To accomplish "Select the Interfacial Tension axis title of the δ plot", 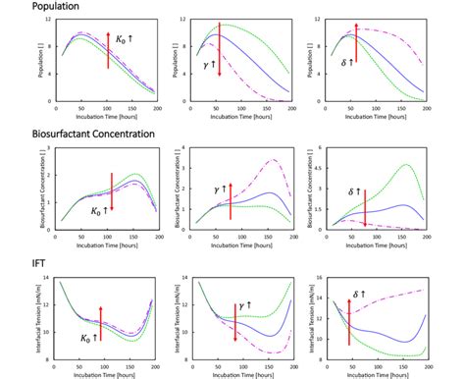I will coord(311,319).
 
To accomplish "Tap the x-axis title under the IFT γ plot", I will coord(235,375).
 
